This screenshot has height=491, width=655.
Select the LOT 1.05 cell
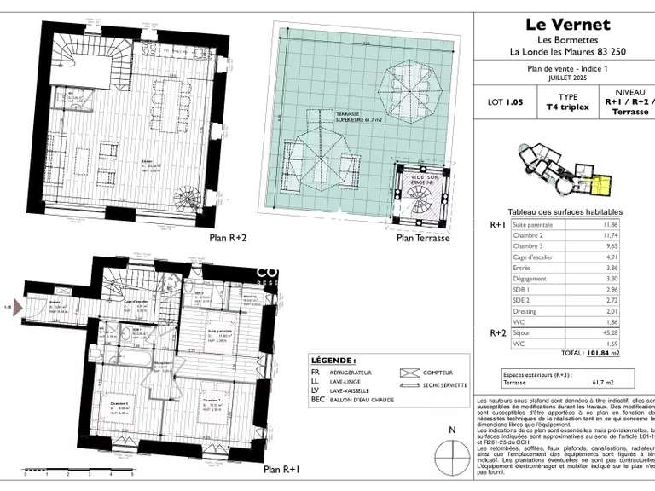pyautogui.click(x=505, y=101)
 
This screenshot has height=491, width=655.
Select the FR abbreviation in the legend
pyautogui.click(x=317, y=373)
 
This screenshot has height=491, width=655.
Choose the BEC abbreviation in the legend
pyautogui.click(x=319, y=399)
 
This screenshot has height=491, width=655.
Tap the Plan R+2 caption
pyautogui.click(x=229, y=239)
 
